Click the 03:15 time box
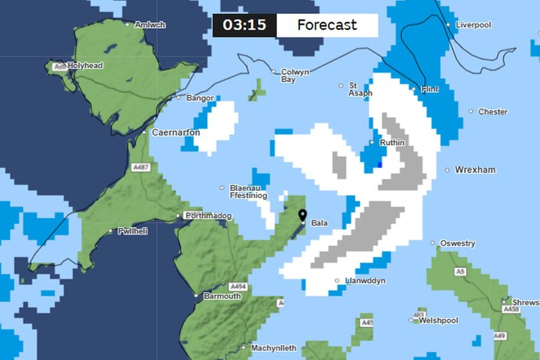coord(244,25)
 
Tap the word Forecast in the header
coord(327,25)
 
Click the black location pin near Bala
coord(303,215)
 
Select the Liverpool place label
coord(473,25)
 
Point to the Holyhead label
coord(85,66)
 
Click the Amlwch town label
coord(149,25)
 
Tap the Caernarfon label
coord(176,133)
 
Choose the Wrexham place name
coord(475,170)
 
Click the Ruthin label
coord(392,143)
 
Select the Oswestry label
coord(457,243)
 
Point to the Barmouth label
coord(222,295)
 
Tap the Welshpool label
coord(438,321)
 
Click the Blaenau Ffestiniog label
coord(248,192)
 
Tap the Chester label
coord(493,111)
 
